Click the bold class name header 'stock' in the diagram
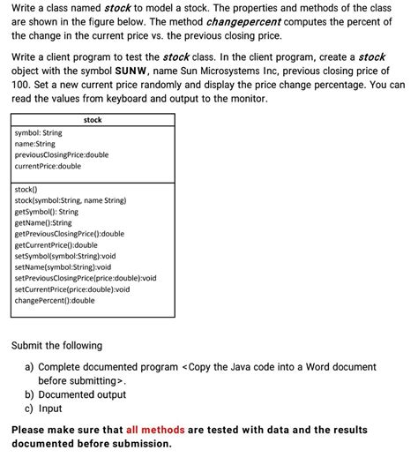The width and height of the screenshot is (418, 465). coord(93,120)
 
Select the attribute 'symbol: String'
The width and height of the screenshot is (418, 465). coord(39,133)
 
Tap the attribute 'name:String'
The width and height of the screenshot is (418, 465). coord(35,144)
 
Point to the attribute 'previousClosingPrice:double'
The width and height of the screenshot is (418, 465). coord(62,155)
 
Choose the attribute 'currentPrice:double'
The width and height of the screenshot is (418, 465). coord(48,166)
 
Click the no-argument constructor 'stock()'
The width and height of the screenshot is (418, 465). coord(26,189)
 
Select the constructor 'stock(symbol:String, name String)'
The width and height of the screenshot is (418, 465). coord(71,200)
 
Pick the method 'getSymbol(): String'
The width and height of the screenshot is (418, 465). coord(47,212)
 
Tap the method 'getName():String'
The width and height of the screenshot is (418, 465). coord(43,222)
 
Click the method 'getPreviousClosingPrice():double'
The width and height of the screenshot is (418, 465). coord(70,234)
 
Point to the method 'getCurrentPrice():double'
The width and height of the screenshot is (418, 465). coord(56,245)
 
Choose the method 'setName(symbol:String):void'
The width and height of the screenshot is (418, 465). coord(63,267)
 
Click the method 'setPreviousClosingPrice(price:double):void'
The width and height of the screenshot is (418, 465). coord(86,278)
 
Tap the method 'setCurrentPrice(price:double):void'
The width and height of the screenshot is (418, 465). coord(72,289)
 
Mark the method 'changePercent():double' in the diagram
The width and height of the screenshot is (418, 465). coord(55,301)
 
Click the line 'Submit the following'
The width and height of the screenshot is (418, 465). coord(56,346)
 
